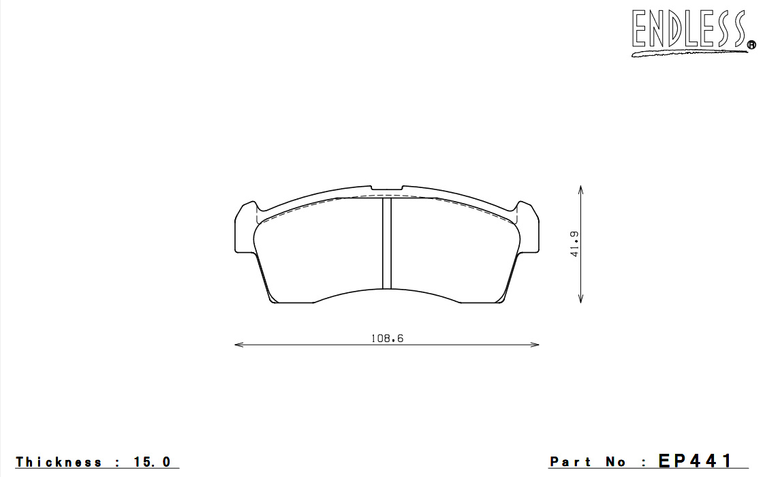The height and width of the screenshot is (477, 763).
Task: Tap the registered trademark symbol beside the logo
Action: (x=751, y=45)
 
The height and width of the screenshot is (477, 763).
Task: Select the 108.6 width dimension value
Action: (x=388, y=338)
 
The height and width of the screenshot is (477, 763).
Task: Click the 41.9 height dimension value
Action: (x=575, y=244)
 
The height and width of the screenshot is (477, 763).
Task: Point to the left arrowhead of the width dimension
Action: (x=238, y=345)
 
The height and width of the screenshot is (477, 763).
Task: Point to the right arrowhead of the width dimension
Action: (x=535, y=345)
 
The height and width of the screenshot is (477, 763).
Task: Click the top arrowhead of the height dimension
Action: (x=580, y=189)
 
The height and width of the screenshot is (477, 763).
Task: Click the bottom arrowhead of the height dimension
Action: (x=580, y=298)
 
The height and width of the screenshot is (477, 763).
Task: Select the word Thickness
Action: (x=59, y=462)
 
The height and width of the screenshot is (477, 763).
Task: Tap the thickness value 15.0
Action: (x=153, y=462)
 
